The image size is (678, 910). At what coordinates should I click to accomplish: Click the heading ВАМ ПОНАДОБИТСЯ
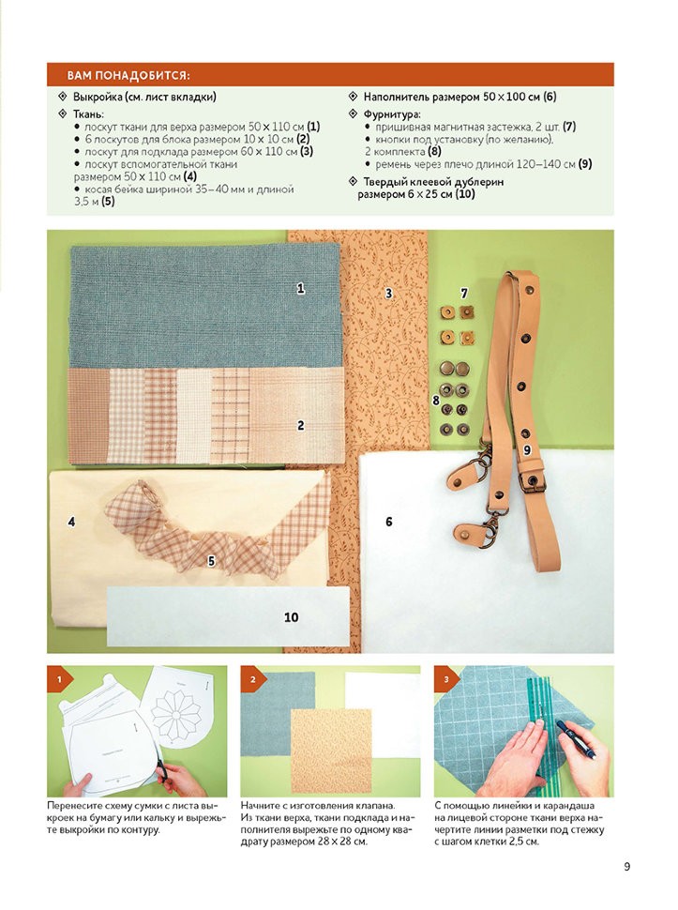[128, 75]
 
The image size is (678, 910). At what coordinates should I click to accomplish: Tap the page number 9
[627, 867]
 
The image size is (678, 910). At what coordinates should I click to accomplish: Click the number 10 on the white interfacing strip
[291, 617]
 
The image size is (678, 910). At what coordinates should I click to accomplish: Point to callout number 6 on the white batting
[388, 522]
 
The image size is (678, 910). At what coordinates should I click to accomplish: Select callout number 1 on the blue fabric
[300, 288]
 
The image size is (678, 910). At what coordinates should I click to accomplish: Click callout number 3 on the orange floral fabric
[388, 294]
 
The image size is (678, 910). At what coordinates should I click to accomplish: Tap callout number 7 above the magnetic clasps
[464, 294]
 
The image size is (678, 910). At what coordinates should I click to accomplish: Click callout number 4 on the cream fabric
[71, 522]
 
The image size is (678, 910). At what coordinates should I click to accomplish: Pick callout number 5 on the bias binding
[211, 561]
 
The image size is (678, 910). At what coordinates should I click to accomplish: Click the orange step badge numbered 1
[58, 678]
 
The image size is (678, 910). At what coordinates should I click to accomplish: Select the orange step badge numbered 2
[252, 678]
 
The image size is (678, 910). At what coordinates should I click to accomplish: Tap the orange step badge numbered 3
[445, 678]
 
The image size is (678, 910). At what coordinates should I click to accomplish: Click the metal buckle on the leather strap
[532, 482]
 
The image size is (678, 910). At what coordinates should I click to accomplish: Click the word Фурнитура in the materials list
[392, 114]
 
